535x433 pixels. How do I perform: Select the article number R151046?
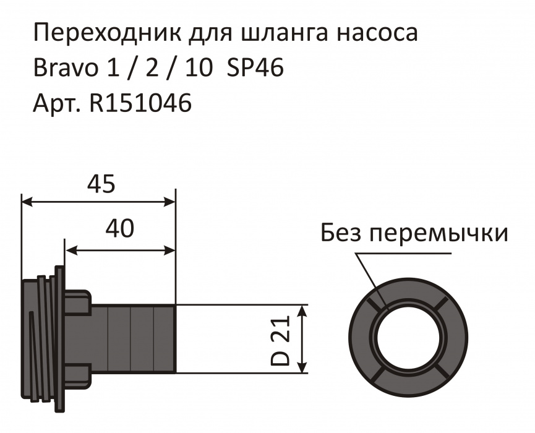(x=140, y=103)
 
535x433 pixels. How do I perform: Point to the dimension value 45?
(x=100, y=184)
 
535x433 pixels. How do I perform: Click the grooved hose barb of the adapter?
(x=142, y=338)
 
